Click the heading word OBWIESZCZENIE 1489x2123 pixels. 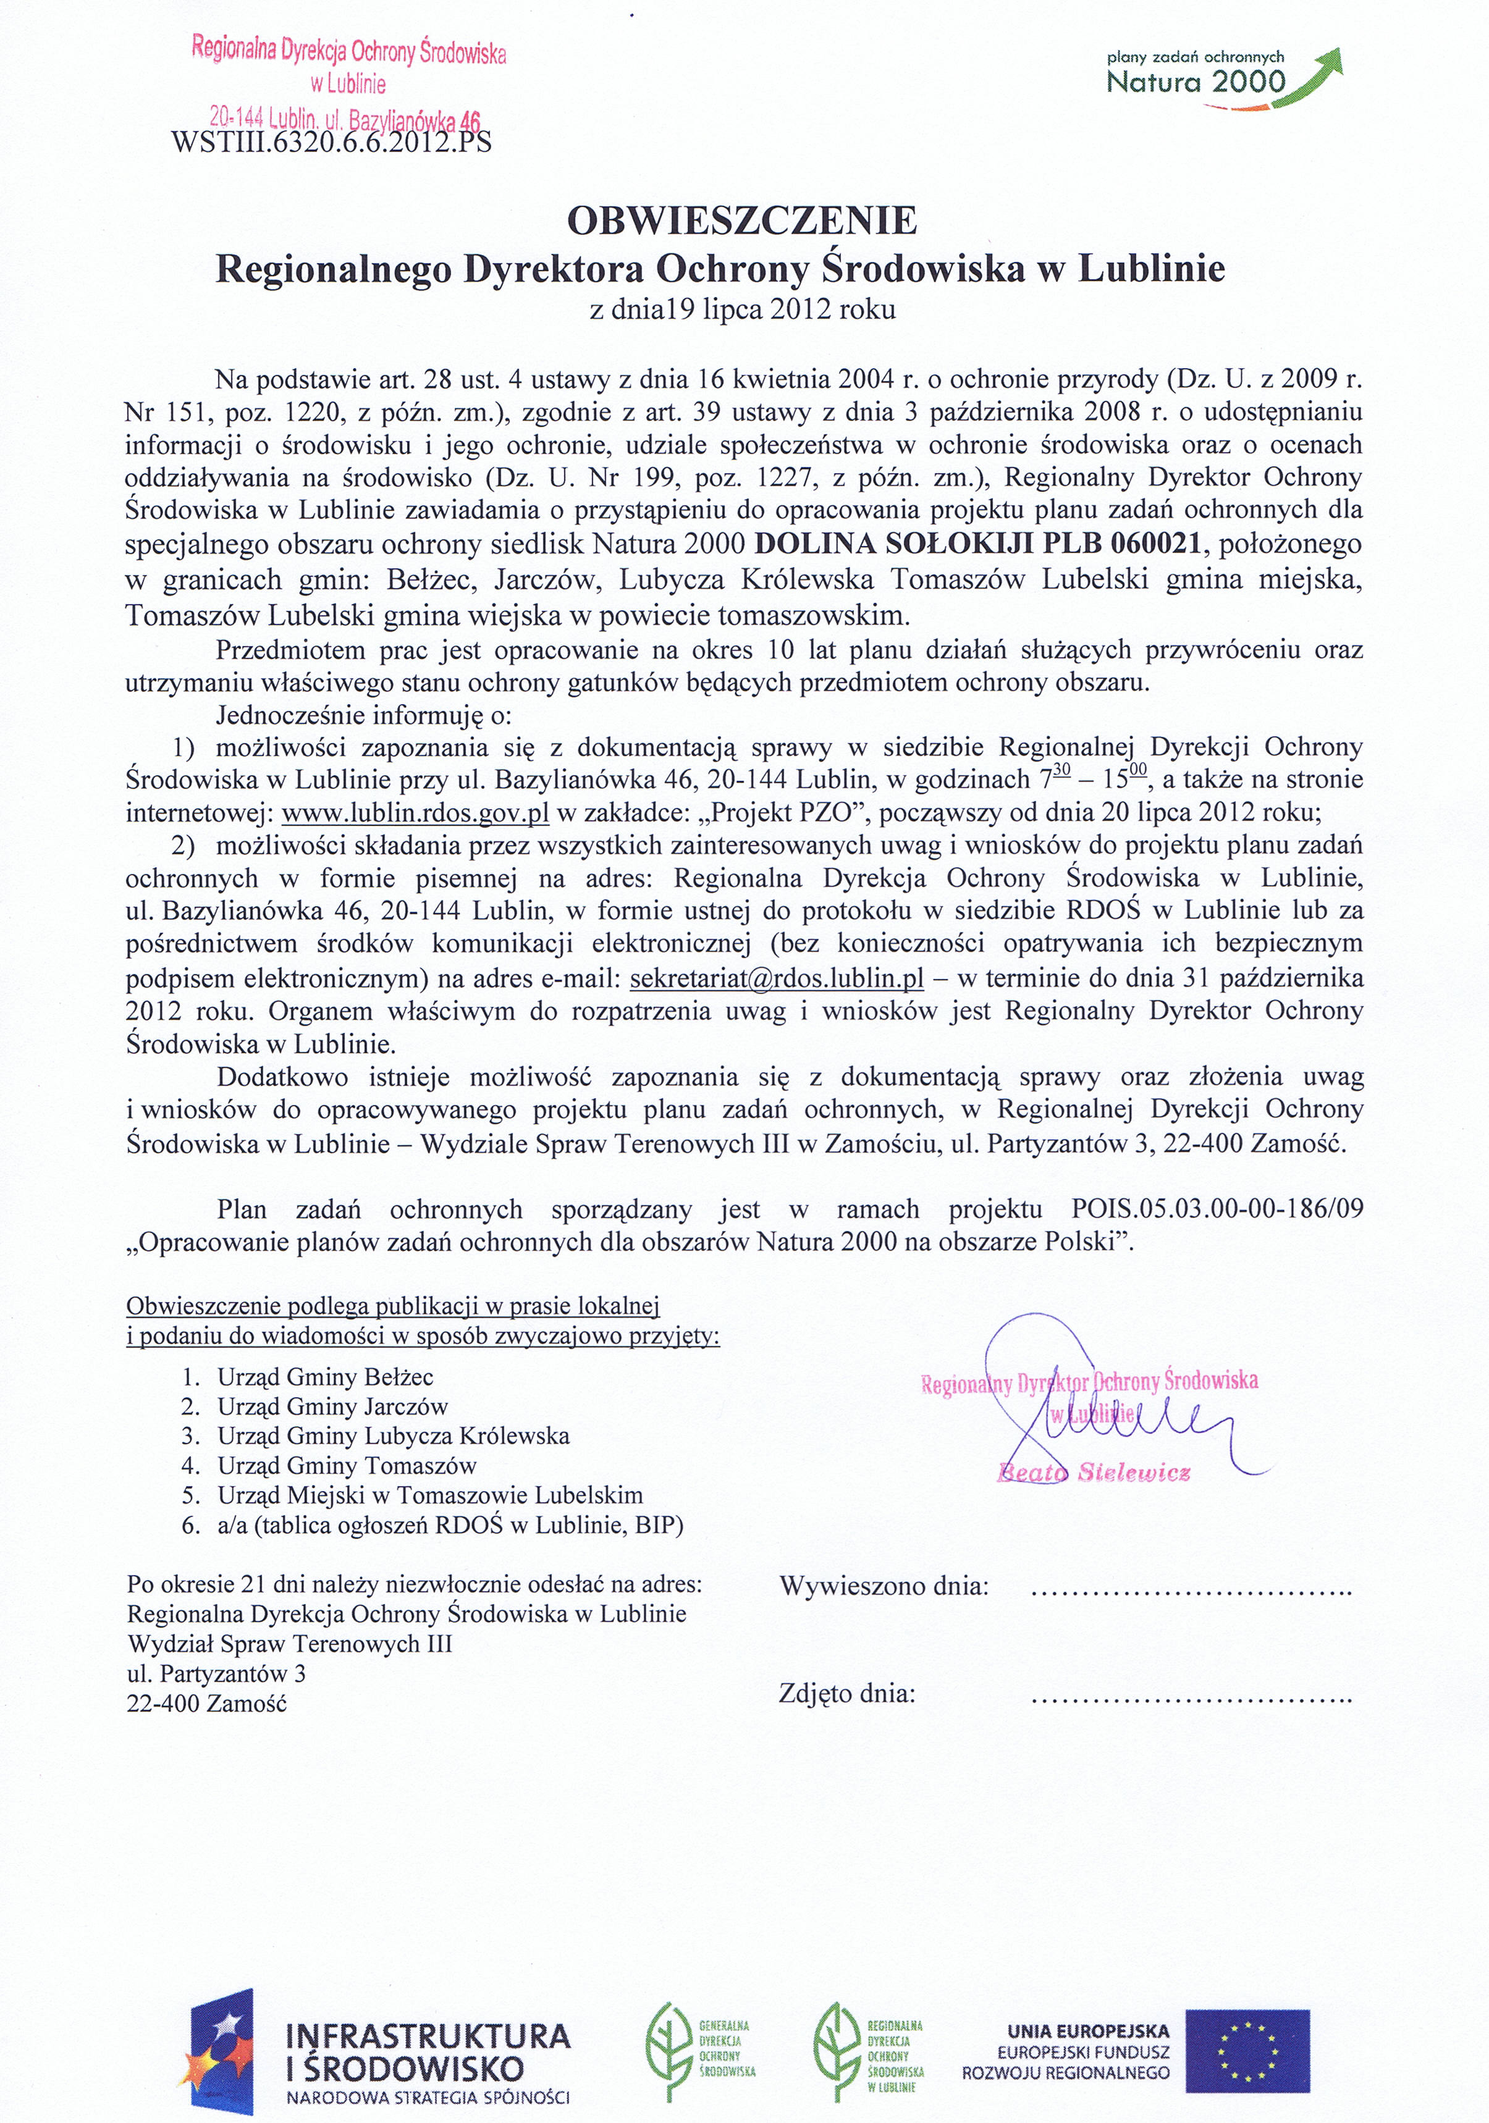click(x=742, y=222)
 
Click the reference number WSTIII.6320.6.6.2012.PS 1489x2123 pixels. click(x=331, y=143)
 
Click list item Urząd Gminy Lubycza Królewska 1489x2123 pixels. click(x=393, y=1436)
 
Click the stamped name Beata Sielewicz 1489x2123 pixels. click(x=1094, y=1474)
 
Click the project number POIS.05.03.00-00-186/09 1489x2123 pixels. click(x=1217, y=1209)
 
